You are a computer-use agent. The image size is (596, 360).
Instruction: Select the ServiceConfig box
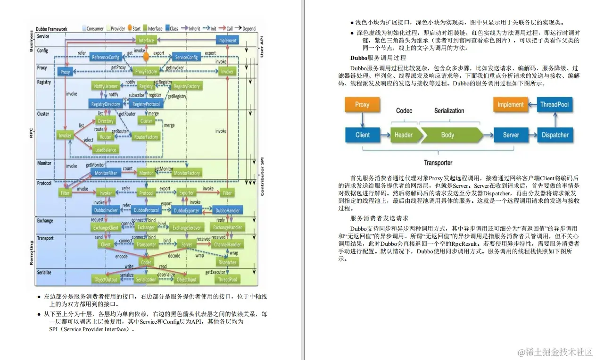[x=186, y=57]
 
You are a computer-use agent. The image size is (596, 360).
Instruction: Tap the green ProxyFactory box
[x=146, y=72]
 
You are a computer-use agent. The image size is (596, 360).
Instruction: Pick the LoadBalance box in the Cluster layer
[x=105, y=150]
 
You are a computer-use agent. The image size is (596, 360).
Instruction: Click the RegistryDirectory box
[x=106, y=104]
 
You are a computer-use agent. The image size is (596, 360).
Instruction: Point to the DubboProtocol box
[x=146, y=210]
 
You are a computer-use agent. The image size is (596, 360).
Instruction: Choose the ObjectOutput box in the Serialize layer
[x=106, y=280]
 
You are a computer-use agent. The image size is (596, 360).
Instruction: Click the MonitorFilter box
[x=106, y=173]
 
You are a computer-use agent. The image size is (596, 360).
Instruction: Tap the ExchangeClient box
[x=106, y=227]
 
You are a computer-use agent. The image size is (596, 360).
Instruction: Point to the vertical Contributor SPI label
[x=262, y=175]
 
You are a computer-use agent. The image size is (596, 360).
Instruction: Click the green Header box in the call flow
[x=403, y=135]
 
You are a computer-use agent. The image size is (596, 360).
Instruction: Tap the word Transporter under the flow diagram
[x=438, y=163]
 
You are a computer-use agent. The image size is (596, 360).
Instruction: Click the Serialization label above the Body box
[x=449, y=111]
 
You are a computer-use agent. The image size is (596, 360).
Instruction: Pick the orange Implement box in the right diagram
[x=510, y=105]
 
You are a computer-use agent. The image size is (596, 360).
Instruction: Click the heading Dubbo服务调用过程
[x=378, y=58]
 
